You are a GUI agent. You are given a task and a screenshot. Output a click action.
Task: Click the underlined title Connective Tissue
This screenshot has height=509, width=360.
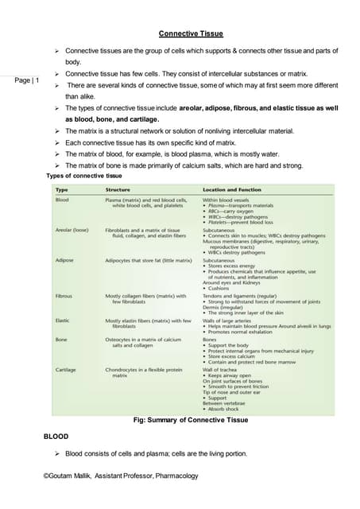tap(191, 33)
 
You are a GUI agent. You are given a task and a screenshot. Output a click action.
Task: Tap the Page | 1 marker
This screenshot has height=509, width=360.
tap(26, 80)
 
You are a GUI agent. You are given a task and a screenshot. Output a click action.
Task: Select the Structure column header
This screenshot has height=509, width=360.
tap(119, 190)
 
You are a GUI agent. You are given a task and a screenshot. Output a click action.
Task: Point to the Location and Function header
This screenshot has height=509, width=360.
tap(235, 190)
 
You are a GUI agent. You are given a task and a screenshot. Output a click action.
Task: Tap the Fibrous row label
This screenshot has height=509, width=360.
tap(64, 296)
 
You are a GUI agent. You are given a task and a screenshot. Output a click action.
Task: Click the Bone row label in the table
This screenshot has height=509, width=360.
tap(61, 340)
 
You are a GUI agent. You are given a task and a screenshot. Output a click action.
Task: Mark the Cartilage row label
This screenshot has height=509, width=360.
tap(66, 370)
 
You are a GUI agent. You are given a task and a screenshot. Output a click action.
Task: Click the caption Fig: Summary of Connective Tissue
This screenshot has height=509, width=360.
tap(193, 420)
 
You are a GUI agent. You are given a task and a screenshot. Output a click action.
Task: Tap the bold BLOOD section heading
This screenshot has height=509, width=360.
tap(56, 437)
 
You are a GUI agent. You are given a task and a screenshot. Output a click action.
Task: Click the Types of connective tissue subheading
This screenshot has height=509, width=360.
tap(84, 175)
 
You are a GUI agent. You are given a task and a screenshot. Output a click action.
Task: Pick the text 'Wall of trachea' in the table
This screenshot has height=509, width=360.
tap(223, 370)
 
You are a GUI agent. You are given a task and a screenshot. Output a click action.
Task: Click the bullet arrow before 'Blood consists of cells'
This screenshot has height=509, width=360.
tap(57, 454)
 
